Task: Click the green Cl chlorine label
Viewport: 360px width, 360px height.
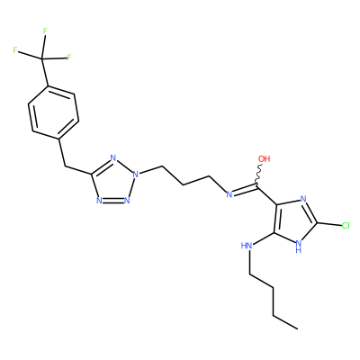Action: pyautogui.click(x=346, y=226)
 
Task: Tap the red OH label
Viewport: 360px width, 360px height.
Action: pyautogui.click(x=265, y=158)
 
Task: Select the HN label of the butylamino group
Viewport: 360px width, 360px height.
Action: pyautogui.click(x=247, y=246)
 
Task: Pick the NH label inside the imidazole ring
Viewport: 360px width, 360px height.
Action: pyautogui.click(x=298, y=246)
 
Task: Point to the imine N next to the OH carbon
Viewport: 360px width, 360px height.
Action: pyautogui.click(x=229, y=194)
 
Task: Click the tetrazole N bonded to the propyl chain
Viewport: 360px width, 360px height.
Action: pyautogui.click(x=136, y=174)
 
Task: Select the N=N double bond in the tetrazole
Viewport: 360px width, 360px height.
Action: pyautogui.click(x=113, y=200)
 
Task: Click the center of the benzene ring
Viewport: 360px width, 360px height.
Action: pyautogui.click(x=53, y=112)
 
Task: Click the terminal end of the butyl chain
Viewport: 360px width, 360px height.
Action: pyautogui.click(x=297, y=328)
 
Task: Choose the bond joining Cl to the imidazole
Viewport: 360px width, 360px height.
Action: pyautogui.click(x=329, y=224)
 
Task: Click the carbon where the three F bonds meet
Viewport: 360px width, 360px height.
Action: pyautogui.click(x=41, y=58)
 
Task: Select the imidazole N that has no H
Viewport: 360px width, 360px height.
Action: pyautogui.click(x=303, y=199)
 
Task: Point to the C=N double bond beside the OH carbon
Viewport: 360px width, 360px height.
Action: pyautogui.click(x=246, y=191)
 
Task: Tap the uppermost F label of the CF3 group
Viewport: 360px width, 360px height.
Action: pyautogui.click(x=45, y=31)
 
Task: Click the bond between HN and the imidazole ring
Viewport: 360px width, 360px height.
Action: pyautogui.click(x=263, y=238)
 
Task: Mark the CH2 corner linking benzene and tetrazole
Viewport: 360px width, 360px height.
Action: pyautogui.click(x=65, y=166)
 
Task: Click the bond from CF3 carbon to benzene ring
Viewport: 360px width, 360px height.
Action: pyautogui.click(x=44, y=72)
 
